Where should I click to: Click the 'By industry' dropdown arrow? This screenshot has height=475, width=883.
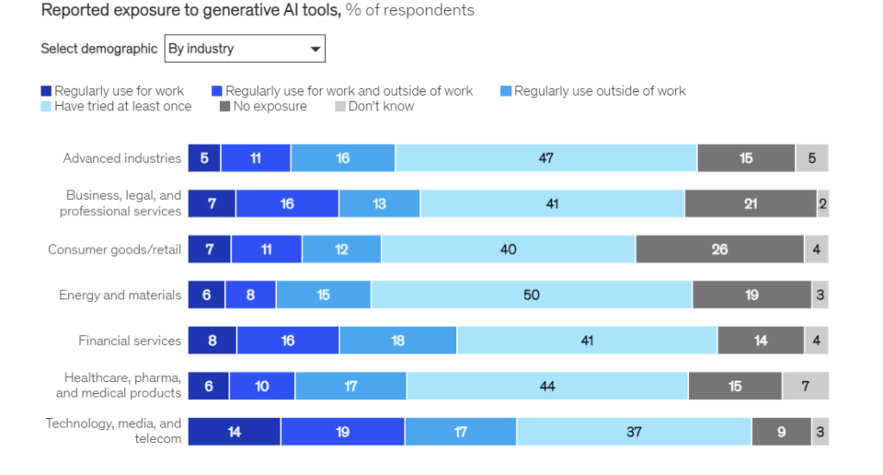coord(315,49)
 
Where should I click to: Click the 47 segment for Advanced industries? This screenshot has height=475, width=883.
coord(546,158)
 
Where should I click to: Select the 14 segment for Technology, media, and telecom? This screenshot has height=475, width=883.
coord(234,431)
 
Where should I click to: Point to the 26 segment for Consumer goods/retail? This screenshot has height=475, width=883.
coord(719,249)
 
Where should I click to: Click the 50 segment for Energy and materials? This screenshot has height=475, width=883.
coord(531,295)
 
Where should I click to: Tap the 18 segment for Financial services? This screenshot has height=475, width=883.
coord(398,341)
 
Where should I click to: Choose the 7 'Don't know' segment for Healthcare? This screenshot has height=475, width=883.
coord(805,386)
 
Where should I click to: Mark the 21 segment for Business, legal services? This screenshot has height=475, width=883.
coord(750,203)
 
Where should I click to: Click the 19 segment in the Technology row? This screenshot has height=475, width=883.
coord(342,431)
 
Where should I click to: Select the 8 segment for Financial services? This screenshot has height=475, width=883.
coord(212,341)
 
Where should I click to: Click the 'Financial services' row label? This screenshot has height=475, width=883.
coord(129,341)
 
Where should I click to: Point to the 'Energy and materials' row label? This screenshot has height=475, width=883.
coord(120,295)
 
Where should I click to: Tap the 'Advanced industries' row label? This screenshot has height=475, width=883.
coord(122,158)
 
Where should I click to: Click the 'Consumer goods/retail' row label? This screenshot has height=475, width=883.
coord(115,249)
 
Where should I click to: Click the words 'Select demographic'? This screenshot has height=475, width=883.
coord(99,49)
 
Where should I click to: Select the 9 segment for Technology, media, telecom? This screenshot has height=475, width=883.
coord(781,431)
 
